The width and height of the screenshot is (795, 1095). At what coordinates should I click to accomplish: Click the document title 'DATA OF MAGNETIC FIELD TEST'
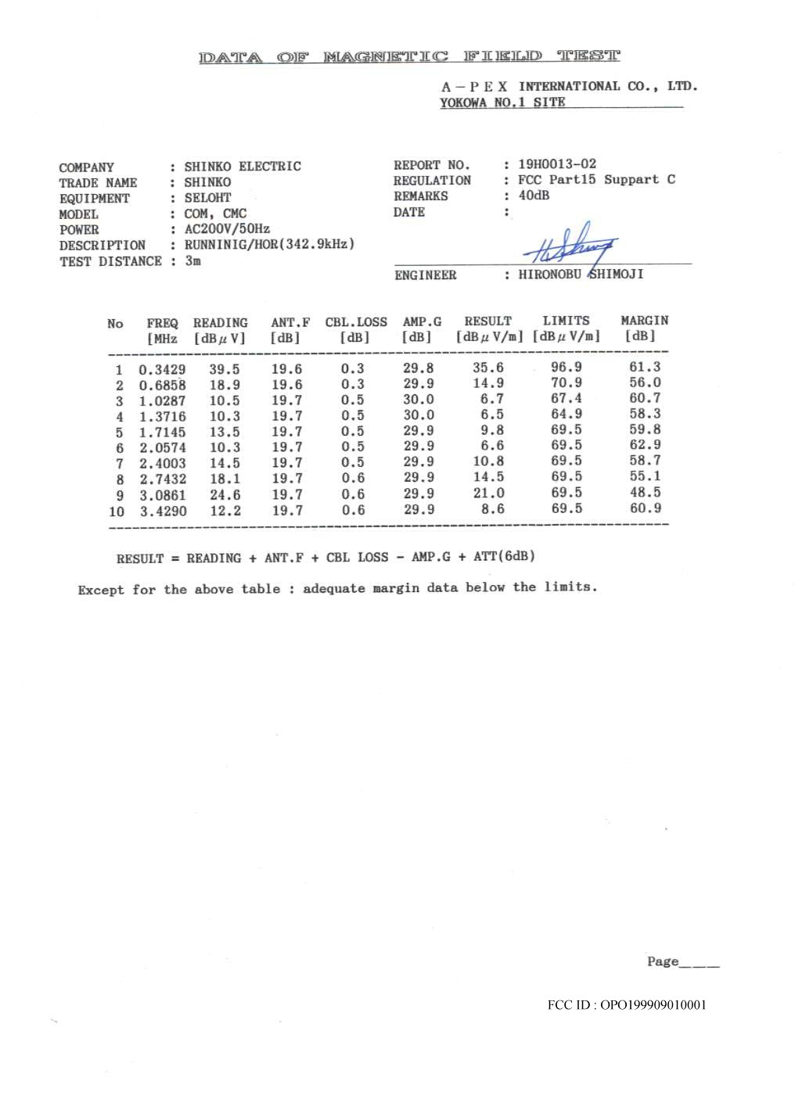409,56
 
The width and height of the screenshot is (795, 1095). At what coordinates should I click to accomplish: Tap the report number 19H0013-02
556,164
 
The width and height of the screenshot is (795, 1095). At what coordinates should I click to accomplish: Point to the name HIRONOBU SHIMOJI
581,275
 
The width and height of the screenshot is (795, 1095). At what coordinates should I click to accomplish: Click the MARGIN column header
644,321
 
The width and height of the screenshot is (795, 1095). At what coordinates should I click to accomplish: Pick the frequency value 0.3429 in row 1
162,370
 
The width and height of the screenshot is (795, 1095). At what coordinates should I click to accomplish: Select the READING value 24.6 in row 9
225,495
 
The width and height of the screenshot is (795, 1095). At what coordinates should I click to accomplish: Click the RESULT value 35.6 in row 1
487,368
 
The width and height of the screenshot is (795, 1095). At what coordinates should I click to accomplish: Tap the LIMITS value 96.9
566,368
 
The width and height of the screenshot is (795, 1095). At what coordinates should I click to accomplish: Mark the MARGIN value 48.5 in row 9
645,493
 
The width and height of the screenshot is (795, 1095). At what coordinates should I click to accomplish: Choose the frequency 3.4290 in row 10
163,512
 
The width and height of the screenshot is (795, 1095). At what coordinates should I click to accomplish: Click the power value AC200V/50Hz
227,229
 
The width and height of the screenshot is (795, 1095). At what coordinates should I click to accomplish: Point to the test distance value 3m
192,260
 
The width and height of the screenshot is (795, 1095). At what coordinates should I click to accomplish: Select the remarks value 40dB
534,196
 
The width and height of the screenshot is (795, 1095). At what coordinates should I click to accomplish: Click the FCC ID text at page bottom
626,1005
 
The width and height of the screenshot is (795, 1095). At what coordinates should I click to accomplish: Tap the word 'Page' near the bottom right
662,961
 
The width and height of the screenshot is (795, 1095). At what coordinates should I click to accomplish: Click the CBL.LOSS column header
356,322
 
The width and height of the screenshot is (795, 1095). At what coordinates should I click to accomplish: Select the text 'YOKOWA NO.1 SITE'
502,102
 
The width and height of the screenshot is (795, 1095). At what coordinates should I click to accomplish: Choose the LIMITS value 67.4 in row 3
566,399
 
